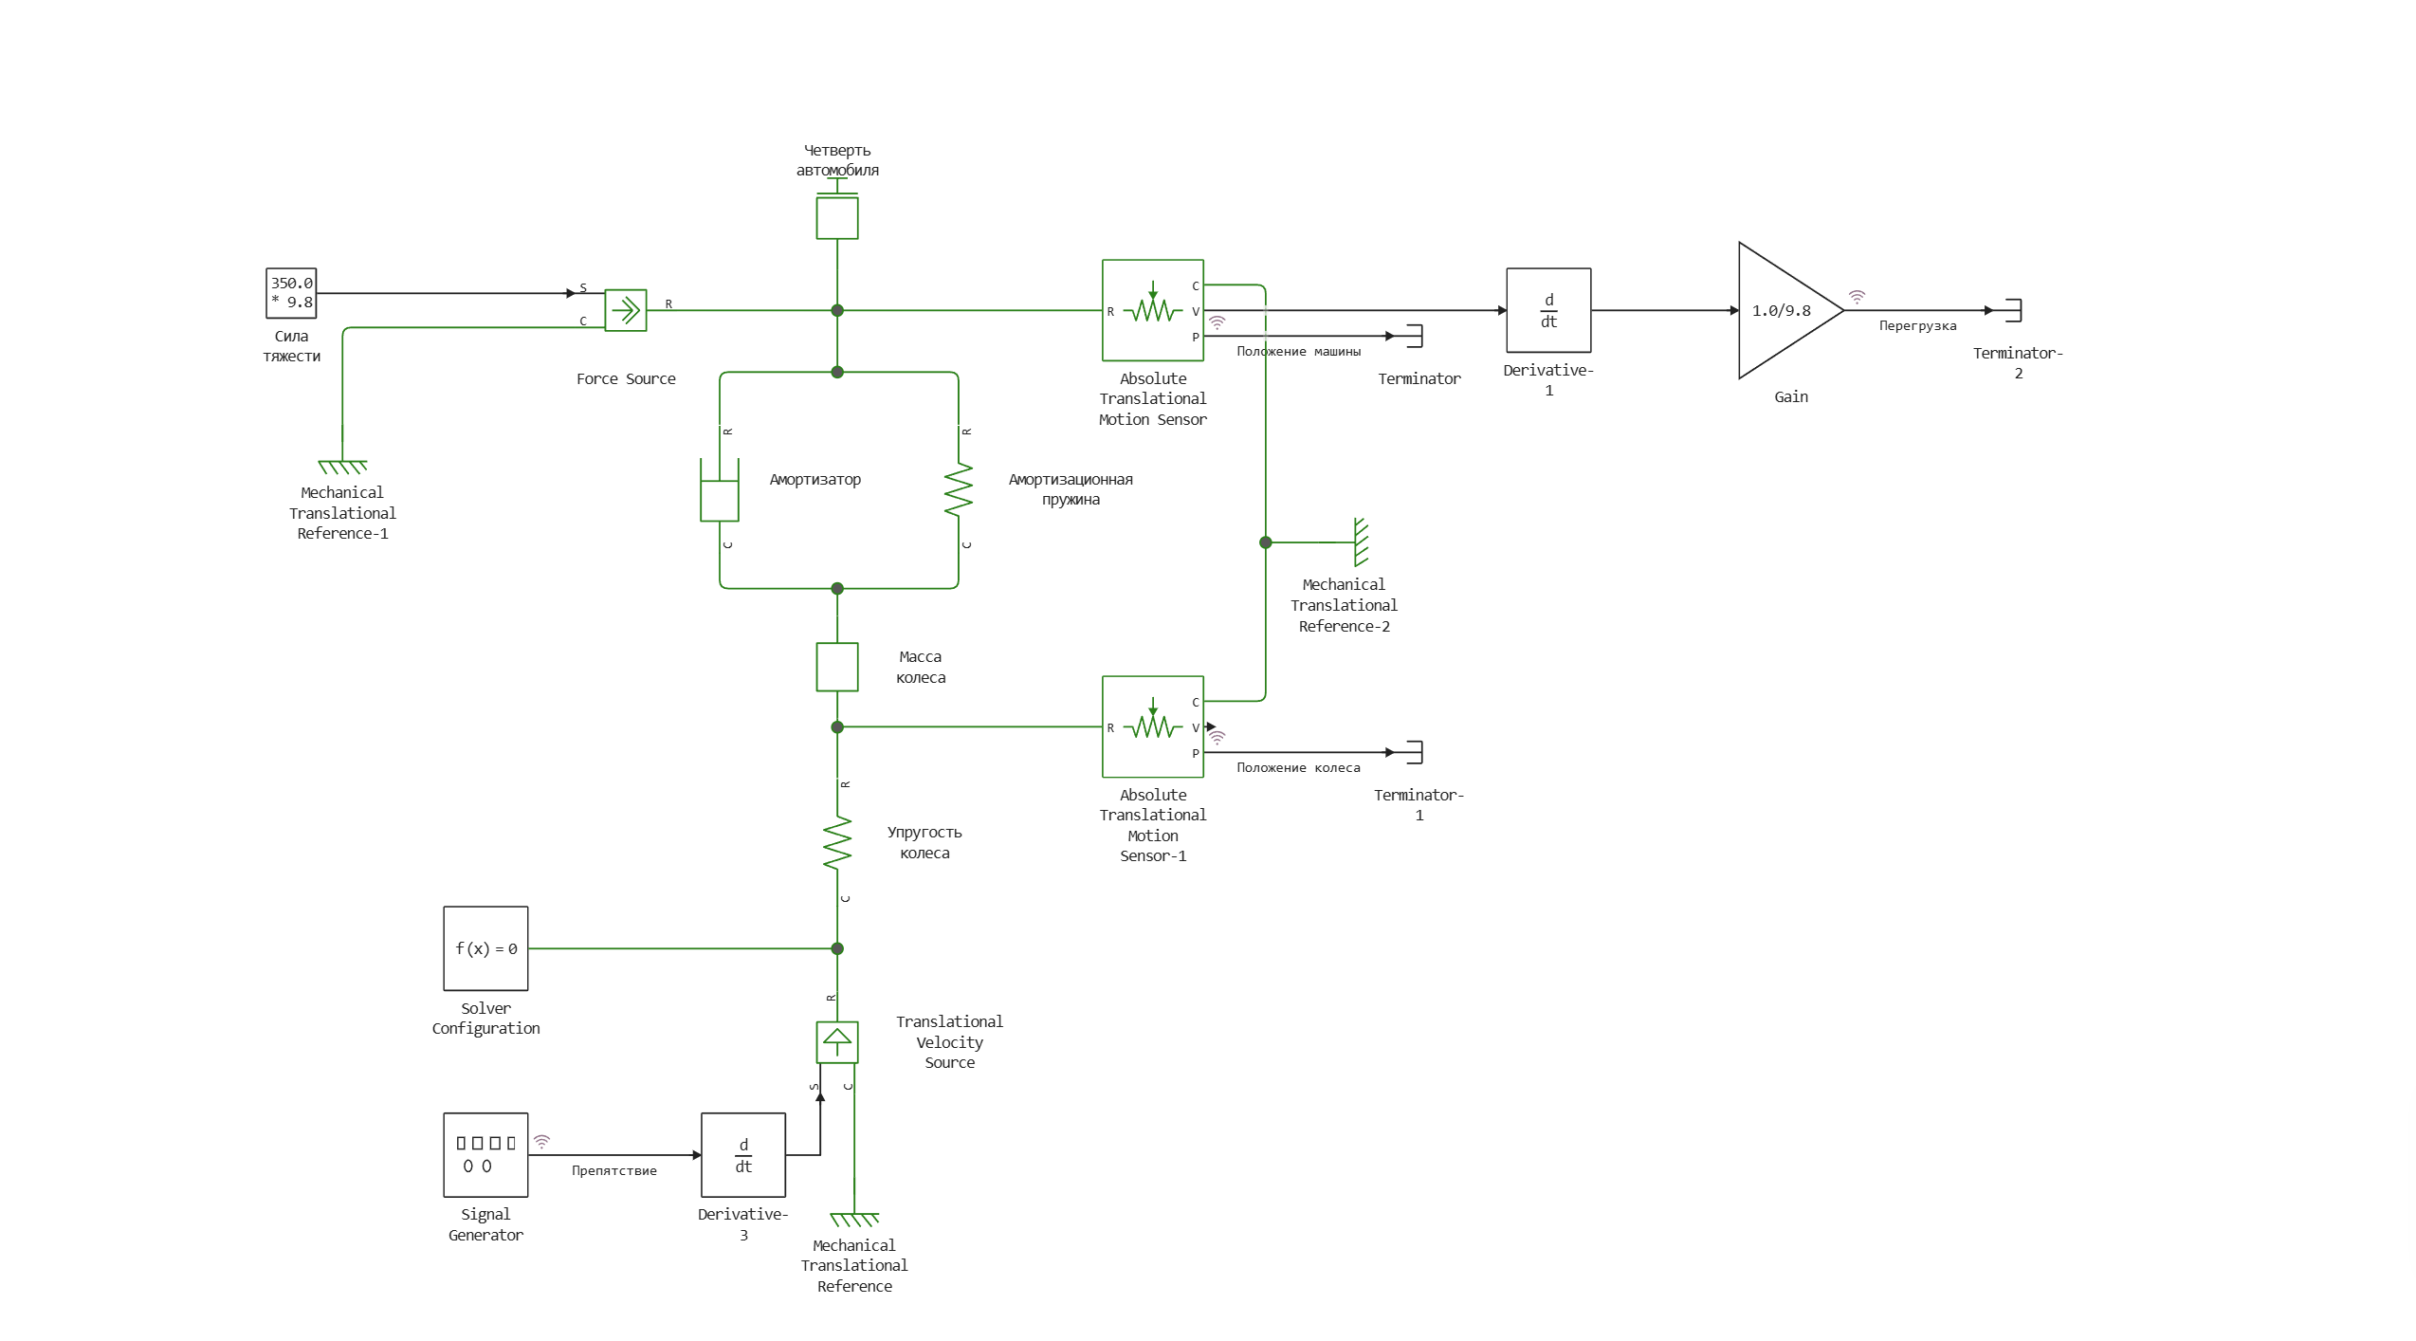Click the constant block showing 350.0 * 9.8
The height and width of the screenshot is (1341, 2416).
(291, 293)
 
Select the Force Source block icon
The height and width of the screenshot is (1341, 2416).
(626, 310)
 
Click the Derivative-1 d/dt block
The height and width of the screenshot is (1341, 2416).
(1548, 311)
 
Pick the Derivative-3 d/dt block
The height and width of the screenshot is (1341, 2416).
(743, 1155)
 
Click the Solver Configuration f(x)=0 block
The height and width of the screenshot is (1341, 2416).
(485, 948)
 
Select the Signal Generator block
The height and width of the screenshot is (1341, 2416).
(485, 1155)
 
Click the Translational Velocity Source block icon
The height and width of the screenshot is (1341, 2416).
(837, 1042)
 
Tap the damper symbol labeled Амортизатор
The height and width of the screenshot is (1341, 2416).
(720, 490)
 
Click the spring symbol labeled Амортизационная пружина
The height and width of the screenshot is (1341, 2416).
(959, 489)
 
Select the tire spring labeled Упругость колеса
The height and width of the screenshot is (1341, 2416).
(837, 843)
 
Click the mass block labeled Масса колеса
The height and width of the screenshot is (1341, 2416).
(837, 667)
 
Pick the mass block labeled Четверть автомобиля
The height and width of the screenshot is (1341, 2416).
(837, 217)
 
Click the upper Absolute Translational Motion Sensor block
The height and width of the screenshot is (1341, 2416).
(1153, 311)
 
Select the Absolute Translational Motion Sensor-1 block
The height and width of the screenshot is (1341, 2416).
(1153, 727)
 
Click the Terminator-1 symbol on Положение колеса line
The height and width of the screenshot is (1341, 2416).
(1415, 752)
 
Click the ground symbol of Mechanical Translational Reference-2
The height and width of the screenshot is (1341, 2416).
(1361, 542)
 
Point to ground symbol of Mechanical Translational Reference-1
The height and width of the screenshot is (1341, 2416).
(342, 467)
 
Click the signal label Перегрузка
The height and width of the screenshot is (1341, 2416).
(1917, 326)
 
